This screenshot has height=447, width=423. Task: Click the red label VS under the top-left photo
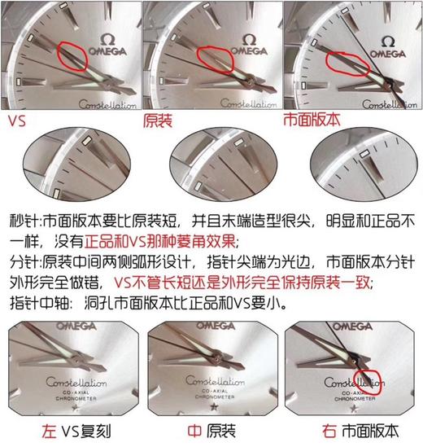tap(15, 121)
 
